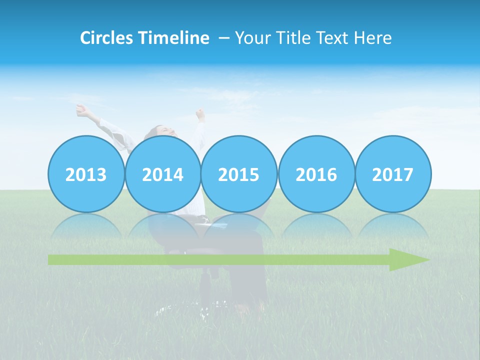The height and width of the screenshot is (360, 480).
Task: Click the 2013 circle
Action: pos(86,174)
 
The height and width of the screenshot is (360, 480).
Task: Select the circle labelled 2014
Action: pos(162,174)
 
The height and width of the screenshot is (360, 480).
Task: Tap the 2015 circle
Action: pos(239,174)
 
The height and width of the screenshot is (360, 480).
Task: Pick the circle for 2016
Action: pos(316,174)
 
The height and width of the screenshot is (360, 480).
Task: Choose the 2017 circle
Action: pos(392,174)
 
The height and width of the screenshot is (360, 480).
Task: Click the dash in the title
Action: pos(223,38)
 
